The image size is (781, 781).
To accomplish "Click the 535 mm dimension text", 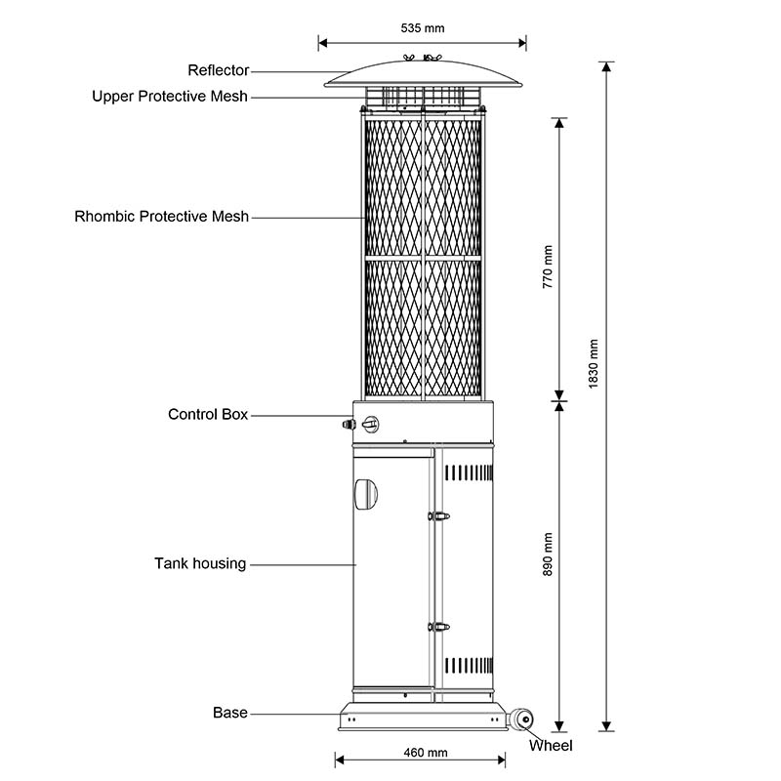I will tap(422, 28).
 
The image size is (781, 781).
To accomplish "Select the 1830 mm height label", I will tap(595, 363).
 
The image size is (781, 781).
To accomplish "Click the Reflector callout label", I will tap(219, 70).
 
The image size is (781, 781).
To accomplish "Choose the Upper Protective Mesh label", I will tap(170, 97).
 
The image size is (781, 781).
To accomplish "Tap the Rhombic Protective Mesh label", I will tap(162, 217).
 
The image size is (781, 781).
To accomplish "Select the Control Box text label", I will tap(208, 415).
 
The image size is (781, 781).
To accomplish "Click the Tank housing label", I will tap(200, 563).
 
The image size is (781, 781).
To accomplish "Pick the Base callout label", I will tap(230, 714).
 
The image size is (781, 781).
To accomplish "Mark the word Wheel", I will tap(551, 746).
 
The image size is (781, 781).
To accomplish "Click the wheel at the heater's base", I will tap(525, 720).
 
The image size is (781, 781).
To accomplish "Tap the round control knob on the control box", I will tap(370, 425).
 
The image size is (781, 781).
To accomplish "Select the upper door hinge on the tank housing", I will tap(440, 514).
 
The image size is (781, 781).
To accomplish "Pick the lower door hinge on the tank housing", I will tap(440, 627).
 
